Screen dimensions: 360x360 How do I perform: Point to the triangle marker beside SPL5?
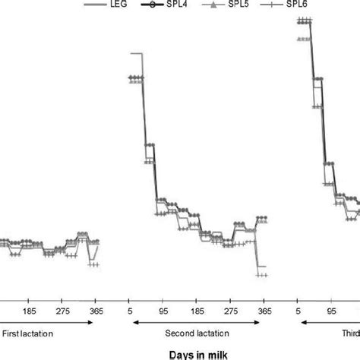tap(264, 5)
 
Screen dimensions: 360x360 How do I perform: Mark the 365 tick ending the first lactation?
tap(96, 311)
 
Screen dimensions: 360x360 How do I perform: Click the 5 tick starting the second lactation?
tap(131, 311)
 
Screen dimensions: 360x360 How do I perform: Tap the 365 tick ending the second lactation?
tap(264, 311)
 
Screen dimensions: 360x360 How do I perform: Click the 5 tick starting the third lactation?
tap(299, 311)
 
